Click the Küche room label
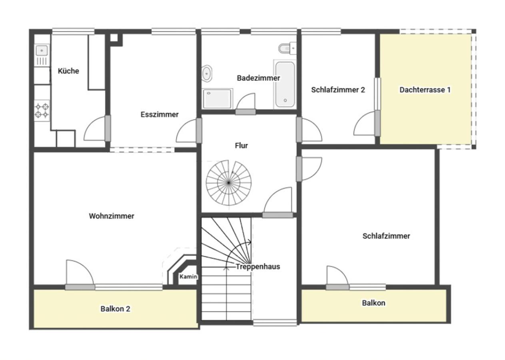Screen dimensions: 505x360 (x=68, y=71)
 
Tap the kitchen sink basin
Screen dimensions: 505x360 (x=42, y=50)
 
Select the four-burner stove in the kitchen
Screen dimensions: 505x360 (x=42, y=110)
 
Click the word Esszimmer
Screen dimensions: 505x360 (x=160, y=114)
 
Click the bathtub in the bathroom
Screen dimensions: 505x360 (x=285, y=84)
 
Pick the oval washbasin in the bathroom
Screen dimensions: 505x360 (x=206, y=73)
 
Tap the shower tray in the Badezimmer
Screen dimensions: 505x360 (x=217, y=99)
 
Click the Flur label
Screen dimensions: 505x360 (x=241, y=146)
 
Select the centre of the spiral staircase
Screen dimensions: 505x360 (x=229, y=183)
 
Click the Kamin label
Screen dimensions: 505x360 (x=188, y=276)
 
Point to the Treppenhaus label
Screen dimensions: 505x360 (x=258, y=267)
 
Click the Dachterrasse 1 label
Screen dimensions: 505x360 (x=425, y=90)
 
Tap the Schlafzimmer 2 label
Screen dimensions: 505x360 (x=338, y=90)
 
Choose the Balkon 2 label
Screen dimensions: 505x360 (x=115, y=309)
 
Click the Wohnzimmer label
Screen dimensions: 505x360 (x=112, y=216)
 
